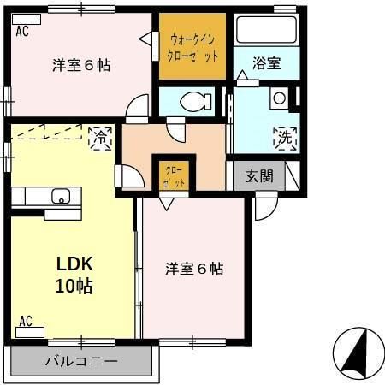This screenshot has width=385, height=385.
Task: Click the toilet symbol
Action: tap(196, 100)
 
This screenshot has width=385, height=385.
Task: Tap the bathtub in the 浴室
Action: tap(266, 30)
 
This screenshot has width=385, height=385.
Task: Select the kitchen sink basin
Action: tap(61, 196)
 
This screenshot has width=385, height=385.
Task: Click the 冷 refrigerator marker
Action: tap(100, 139)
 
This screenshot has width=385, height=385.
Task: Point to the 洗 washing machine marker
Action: tap(285, 139)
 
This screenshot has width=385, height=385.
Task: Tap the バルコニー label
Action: tap(81, 362)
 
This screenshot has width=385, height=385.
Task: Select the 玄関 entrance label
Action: tap(259, 175)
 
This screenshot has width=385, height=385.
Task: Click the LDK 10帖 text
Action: tap(74, 275)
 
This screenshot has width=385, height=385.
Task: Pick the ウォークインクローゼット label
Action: tap(192, 48)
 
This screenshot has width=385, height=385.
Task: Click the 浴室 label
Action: tap(267, 63)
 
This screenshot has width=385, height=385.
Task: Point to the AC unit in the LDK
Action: tap(30, 332)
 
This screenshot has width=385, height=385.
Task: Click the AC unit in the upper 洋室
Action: tap(27, 20)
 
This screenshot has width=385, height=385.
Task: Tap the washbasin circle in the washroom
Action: tap(279, 98)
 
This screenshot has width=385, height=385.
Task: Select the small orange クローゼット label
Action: tap(175, 177)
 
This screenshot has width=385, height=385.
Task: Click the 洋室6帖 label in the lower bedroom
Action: tap(194, 269)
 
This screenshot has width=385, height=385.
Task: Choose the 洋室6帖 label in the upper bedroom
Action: tap(81, 65)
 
